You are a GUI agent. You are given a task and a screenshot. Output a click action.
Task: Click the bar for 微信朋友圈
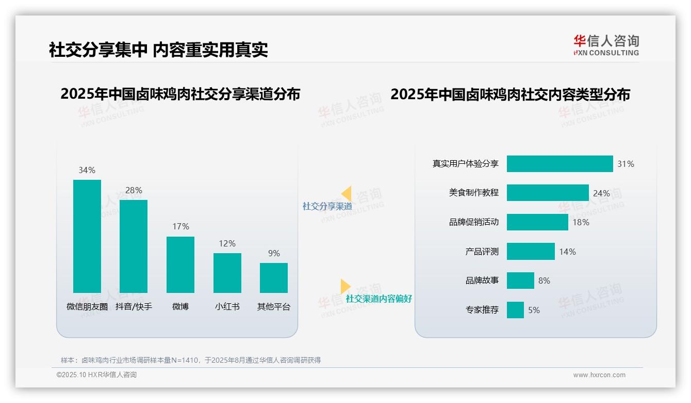[x=87, y=236]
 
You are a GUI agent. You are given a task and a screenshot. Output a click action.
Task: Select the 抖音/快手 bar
[x=134, y=246]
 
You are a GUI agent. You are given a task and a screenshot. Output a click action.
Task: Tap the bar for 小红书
[x=227, y=273]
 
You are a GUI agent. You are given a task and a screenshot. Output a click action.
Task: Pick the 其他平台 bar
[x=274, y=278]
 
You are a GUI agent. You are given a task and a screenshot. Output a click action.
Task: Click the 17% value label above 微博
[x=180, y=226]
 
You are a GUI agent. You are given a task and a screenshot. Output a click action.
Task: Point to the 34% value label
[x=87, y=170]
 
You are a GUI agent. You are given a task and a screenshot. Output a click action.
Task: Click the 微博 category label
[x=180, y=306]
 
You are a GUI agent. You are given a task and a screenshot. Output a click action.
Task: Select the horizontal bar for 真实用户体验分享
[x=560, y=164]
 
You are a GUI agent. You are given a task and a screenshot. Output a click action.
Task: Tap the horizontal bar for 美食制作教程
[x=548, y=193]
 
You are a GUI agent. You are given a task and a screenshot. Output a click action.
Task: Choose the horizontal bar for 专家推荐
[x=515, y=310]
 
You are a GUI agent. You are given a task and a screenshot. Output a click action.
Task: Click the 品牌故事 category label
[x=482, y=281]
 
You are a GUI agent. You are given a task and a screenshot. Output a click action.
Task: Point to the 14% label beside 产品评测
[x=567, y=252]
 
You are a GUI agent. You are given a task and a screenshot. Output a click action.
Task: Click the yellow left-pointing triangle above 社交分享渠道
[x=347, y=194]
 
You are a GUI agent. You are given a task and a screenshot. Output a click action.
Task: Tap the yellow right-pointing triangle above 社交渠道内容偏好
[x=345, y=286]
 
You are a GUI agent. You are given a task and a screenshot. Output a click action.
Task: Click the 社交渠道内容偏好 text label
[x=379, y=299]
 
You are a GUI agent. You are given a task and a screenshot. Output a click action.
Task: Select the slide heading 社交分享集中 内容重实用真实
[x=158, y=50]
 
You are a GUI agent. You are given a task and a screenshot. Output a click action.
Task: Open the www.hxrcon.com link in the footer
[x=599, y=375]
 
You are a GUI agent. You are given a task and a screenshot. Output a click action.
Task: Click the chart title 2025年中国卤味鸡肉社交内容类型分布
[x=510, y=95]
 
